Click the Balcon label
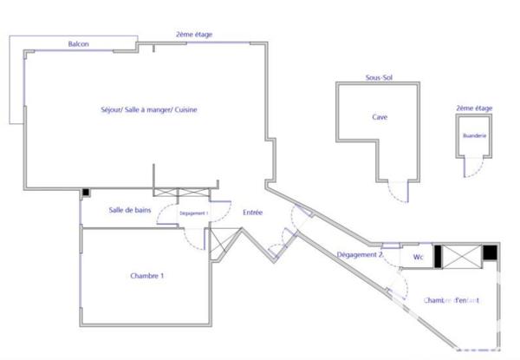[x=80, y=43]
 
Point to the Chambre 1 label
[x=147, y=276]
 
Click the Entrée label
[x=252, y=213]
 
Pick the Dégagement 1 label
[x=193, y=213]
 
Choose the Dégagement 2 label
[x=358, y=255]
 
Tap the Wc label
[x=418, y=257]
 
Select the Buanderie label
[x=473, y=136]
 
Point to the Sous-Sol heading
[x=378, y=78]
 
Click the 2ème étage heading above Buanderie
[x=473, y=108]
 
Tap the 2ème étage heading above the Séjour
[x=194, y=35]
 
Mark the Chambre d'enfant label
[x=452, y=300]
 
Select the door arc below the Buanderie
[x=472, y=169]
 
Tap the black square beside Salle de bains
[x=85, y=193]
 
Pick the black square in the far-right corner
[x=491, y=252]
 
